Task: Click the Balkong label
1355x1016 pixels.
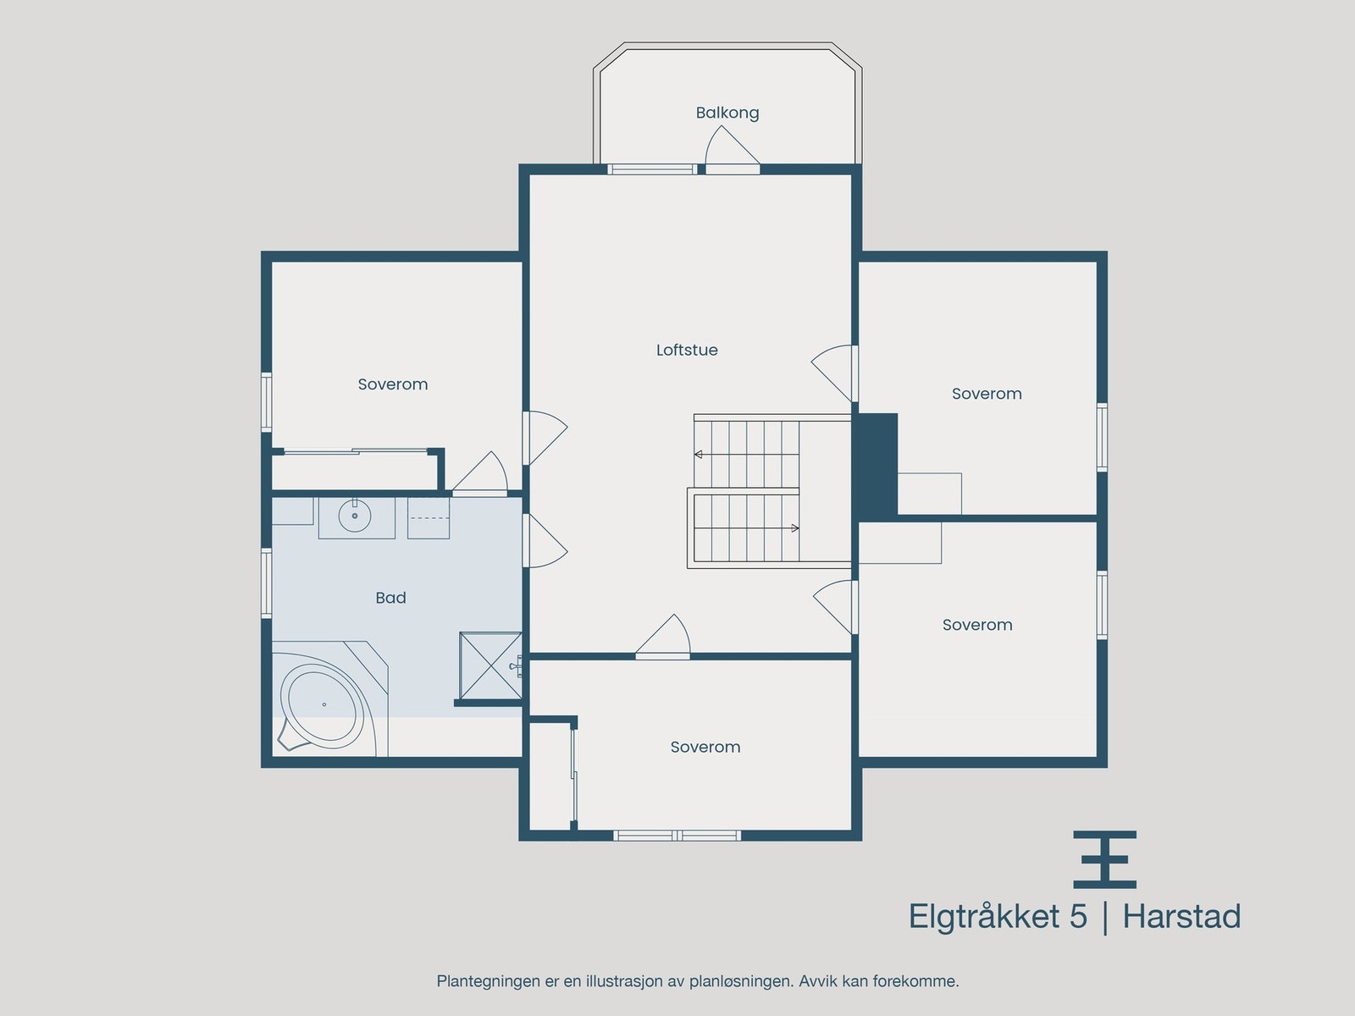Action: click(x=727, y=113)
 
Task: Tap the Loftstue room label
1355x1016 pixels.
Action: click(x=687, y=350)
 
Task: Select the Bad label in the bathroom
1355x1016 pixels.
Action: click(x=390, y=598)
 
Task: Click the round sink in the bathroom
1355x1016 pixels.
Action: click(x=355, y=516)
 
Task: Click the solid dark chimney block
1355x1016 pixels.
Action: click(x=876, y=466)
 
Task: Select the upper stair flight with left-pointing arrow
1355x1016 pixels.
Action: click(x=746, y=454)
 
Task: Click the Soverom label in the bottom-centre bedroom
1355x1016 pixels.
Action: click(x=705, y=747)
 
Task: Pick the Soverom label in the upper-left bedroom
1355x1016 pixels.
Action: click(x=392, y=384)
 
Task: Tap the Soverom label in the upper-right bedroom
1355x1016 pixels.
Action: click(x=987, y=394)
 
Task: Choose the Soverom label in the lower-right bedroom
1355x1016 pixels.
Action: click(x=976, y=625)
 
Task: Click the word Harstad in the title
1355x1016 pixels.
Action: click(x=1181, y=917)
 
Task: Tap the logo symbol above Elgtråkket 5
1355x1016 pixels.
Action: click(x=1104, y=859)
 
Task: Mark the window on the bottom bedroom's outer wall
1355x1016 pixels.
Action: click(x=677, y=836)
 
